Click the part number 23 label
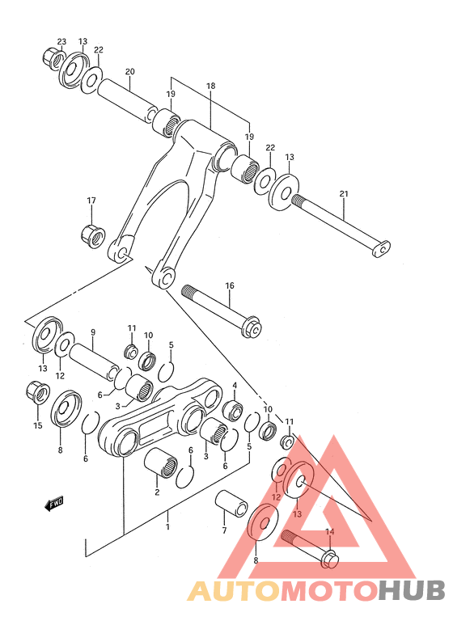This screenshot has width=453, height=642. pyautogui.click(x=61, y=41)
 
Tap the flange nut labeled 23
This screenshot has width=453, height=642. pyautogui.click(x=51, y=59)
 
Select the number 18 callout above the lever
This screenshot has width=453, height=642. pyautogui.click(x=210, y=86)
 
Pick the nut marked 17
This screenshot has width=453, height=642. pyautogui.click(x=91, y=235)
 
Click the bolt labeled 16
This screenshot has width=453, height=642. pyautogui.click(x=218, y=310)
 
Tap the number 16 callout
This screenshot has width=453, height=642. pyautogui.click(x=229, y=285)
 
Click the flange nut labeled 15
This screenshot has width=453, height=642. pyautogui.click(x=37, y=393)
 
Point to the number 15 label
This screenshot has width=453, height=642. pyautogui.click(x=37, y=425)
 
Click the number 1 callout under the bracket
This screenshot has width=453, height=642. pyautogui.click(x=167, y=526)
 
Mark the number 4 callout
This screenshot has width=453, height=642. pyautogui.click(x=235, y=385)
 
